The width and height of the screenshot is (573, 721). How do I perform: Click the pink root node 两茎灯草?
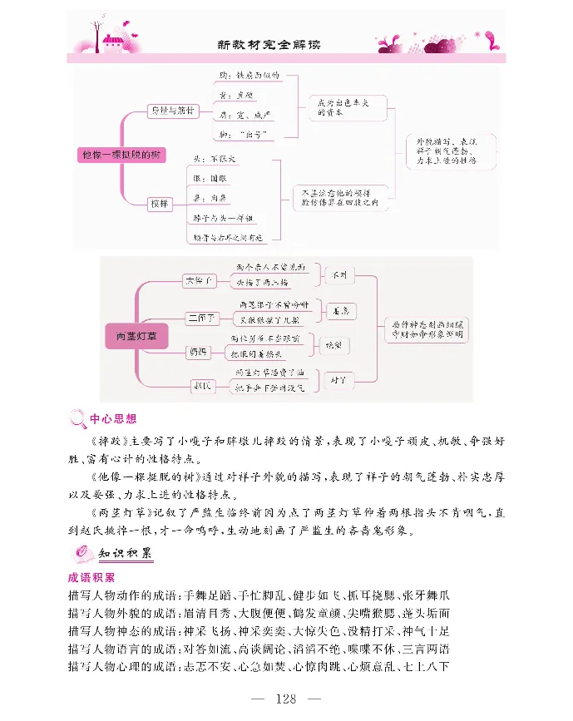[x=136, y=335]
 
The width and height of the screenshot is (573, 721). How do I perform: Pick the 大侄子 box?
[x=199, y=281]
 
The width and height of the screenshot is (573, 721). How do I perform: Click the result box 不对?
[x=340, y=274]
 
